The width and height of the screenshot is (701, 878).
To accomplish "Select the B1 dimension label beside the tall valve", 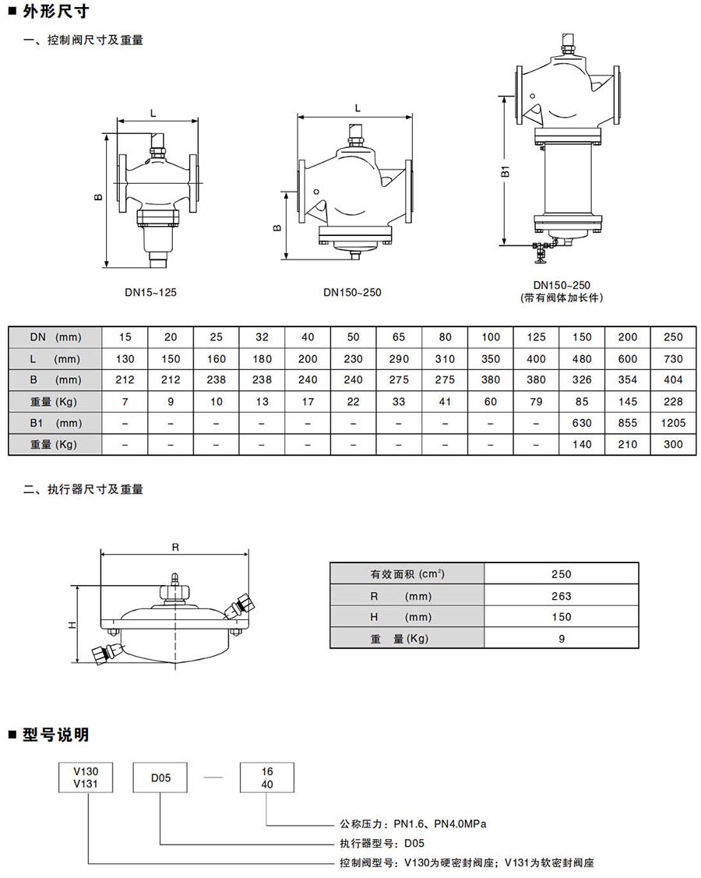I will point(505,172).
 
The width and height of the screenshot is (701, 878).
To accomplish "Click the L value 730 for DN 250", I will point(674,359).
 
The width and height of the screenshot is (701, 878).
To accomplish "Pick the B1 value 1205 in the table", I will point(674,423).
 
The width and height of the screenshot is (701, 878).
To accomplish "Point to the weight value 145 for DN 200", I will point(628,402).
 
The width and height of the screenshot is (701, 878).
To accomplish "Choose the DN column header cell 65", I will point(399,337).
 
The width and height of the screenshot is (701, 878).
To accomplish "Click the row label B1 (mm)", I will point(55,423).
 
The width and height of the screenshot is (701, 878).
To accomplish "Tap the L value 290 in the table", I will point(399,359).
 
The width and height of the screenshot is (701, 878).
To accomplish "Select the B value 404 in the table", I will point(674,380).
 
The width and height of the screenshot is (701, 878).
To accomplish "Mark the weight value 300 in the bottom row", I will point(674,444).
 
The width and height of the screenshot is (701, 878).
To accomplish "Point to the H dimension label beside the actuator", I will point(72,625).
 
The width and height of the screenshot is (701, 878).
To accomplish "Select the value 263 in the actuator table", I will point(561,596).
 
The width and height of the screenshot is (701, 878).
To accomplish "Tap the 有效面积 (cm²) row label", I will point(407,574).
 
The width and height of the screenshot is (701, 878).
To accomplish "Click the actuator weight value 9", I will point(561,638).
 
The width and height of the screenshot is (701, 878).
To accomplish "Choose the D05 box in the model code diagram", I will point(160,777).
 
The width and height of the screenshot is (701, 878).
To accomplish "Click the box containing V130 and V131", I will point(86,777).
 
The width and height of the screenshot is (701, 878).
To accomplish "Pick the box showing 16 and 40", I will point(266,777).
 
